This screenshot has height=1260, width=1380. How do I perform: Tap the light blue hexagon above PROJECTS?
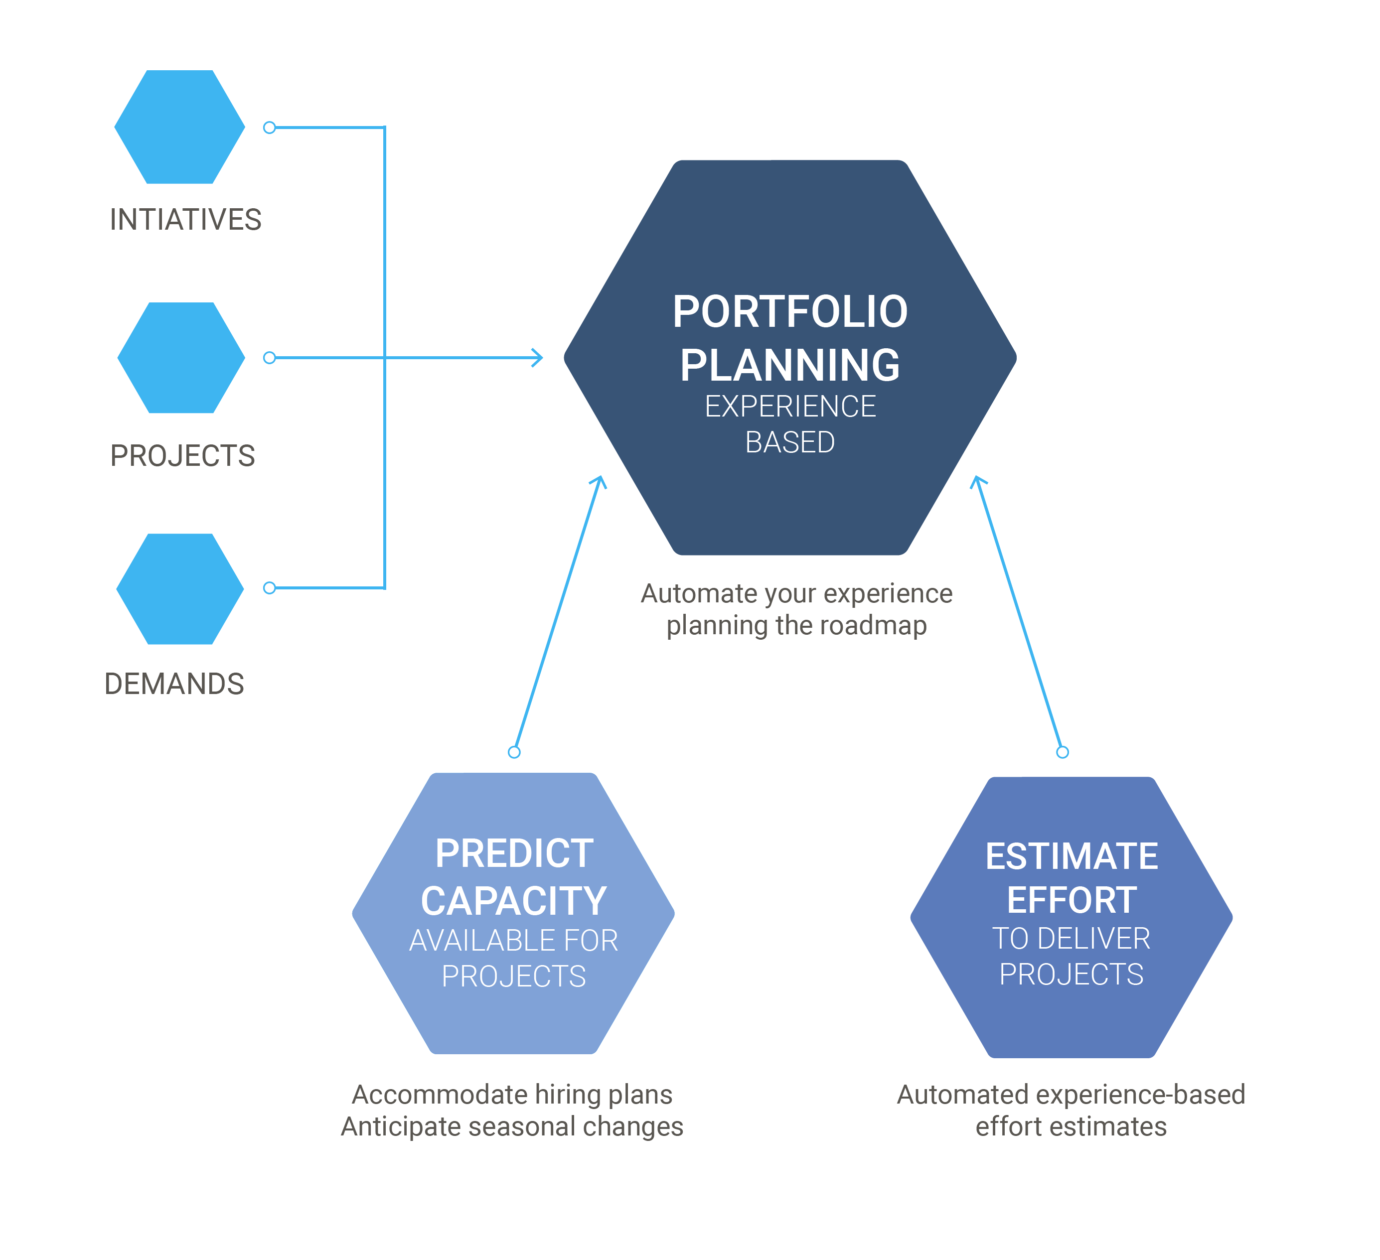181,358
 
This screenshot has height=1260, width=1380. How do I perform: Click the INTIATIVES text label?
185,220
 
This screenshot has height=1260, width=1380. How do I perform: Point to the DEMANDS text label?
174,684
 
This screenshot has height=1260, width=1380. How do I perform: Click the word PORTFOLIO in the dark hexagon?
790,312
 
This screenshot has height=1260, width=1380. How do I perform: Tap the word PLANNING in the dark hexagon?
790,365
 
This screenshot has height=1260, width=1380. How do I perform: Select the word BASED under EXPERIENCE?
790,442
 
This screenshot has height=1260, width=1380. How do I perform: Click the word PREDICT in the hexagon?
514,853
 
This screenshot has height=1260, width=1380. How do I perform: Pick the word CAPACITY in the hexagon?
514,901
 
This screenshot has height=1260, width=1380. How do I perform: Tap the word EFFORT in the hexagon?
1072,900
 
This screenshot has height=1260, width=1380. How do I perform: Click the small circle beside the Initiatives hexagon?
270,128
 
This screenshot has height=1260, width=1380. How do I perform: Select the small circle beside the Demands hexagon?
270,588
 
